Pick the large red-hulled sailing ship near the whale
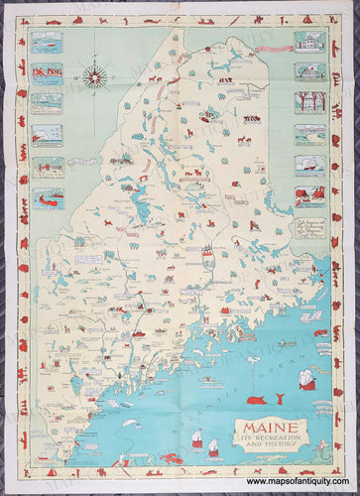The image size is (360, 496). point(307,378)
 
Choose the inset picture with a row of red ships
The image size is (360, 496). point(47,72)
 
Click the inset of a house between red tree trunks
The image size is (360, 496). point(309,103)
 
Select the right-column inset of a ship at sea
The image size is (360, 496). point(309,165)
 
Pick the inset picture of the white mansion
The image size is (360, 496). point(309,42)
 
